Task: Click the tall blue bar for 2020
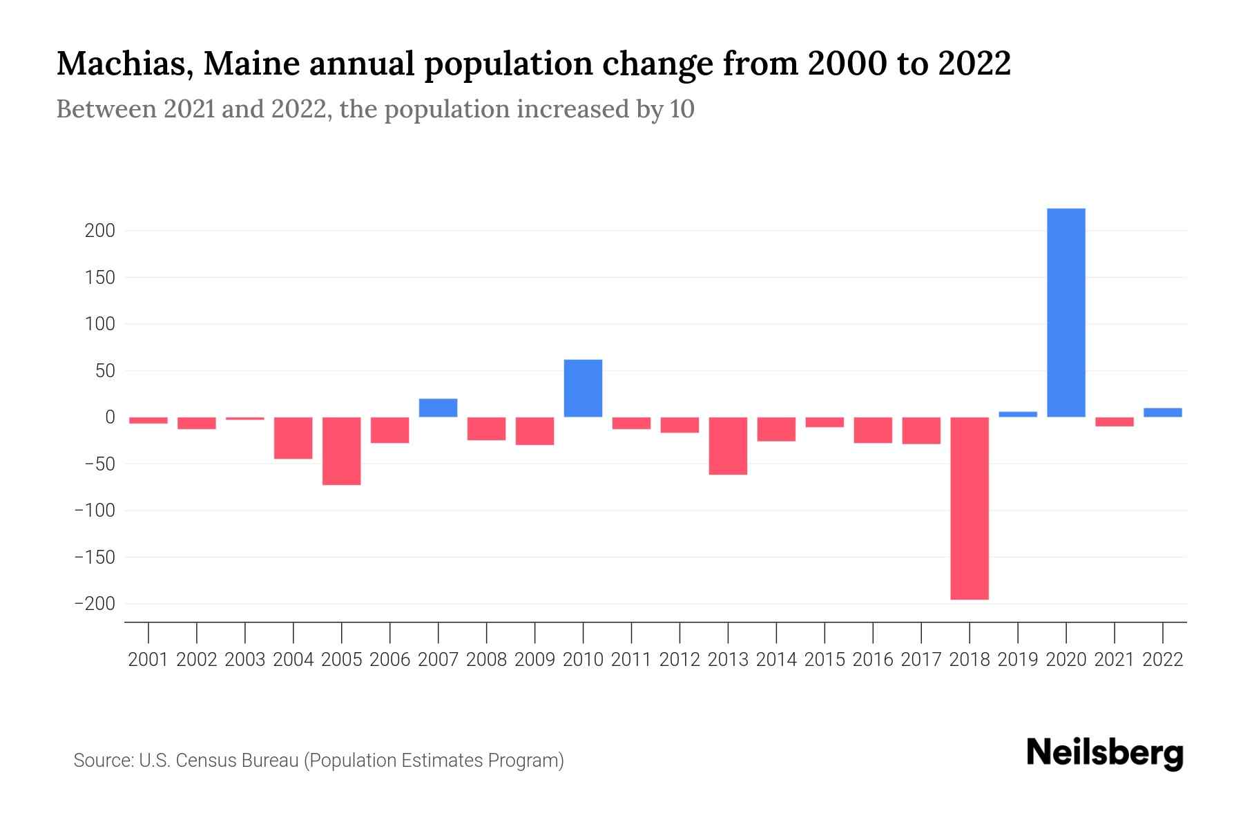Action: (x=1066, y=312)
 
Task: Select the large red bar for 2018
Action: (x=970, y=508)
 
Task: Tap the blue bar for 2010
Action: (x=583, y=388)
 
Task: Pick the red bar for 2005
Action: (x=341, y=451)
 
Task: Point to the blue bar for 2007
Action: (x=438, y=408)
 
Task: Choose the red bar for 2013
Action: (x=728, y=446)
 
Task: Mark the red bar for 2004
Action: (x=293, y=438)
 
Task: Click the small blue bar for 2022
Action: (x=1163, y=412)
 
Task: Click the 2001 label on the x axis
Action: (x=148, y=660)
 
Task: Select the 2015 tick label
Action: (x=825, y=660)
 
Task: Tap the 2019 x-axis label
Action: (x=1018, y=660)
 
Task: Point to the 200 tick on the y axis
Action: (x=99, y=231)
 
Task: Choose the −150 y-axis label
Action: (x=95, y=558)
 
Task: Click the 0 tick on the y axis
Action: (x=109, y=417)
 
